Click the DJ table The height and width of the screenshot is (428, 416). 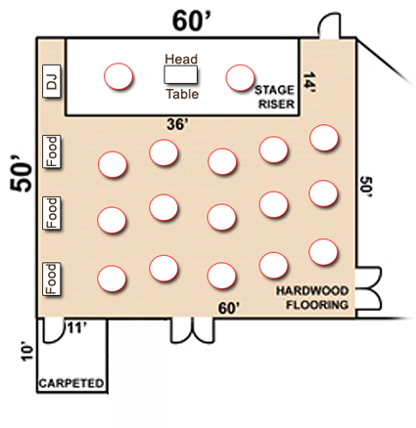pos(52,81)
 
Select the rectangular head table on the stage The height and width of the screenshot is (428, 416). pos(180,74)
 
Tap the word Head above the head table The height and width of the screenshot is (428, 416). pos(181,59)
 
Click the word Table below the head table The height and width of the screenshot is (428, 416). pos(182,94)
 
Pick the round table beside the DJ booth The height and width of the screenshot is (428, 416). pos(118,76)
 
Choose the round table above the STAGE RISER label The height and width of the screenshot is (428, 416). pos(240,78)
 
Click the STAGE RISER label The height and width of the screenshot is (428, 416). pos(275,97)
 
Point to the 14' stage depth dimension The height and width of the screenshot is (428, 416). pos(308,82)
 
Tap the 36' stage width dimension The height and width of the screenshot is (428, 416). pos(177,124)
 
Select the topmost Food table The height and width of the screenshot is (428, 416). pos(52,151)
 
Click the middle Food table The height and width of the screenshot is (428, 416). pos(52,213)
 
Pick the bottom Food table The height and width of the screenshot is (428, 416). pos(52,279)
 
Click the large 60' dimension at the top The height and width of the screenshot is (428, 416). pos(193,21)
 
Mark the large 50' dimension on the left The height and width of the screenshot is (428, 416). pos(22,176)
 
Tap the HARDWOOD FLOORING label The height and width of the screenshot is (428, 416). pos(312,298)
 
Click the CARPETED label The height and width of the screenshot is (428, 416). pos(71,383)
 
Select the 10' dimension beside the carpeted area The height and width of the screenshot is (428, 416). pos(27,351)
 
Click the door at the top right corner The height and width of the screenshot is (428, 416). pos(329,26)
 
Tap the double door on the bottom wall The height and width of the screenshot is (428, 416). pos(193,330)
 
